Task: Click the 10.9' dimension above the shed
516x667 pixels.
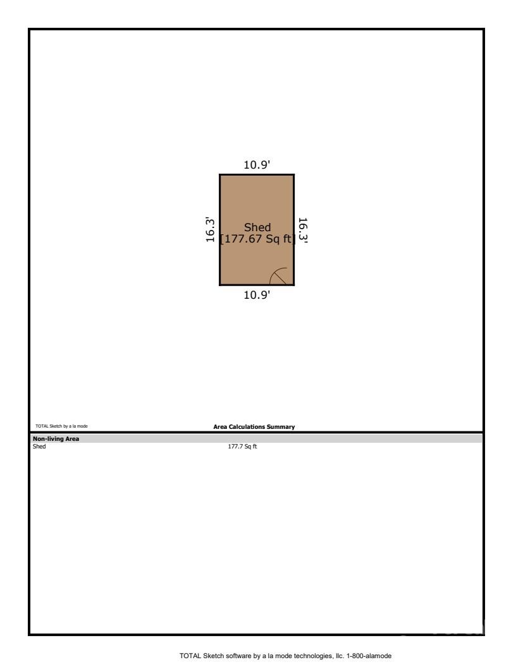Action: coord(257,165)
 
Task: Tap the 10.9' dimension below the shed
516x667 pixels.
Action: coord(257,294)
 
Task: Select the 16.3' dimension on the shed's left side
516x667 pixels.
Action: coord(211,230)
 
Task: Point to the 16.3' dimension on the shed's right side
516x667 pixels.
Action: coord(303,231)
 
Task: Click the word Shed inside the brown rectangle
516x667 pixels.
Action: coord(257,227)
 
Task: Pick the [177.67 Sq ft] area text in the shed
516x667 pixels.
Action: coord(257,239)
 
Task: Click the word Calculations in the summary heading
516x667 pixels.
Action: coord(249,427)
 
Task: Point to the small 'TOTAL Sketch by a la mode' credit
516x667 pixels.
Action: coord(61,427)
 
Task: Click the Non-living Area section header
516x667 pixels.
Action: coord(56,438)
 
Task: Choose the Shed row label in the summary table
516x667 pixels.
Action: coord(39,447)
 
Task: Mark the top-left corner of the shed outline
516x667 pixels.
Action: coord(220,175)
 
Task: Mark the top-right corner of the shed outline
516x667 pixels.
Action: coord(294,175)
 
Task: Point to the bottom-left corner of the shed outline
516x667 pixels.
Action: coord(220,285)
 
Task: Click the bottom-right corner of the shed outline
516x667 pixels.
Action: coord(294,285)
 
